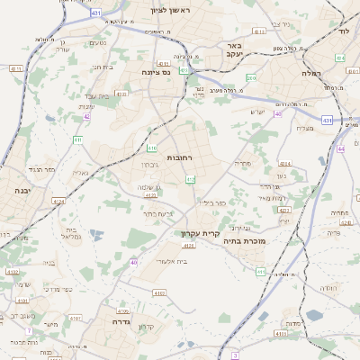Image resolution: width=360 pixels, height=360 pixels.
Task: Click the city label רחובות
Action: [155, 157]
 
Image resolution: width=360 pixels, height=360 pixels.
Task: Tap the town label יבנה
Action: [21, 191]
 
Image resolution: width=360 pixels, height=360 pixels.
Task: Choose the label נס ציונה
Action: [156, 71]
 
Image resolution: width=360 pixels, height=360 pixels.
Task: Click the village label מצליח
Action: [304, 128]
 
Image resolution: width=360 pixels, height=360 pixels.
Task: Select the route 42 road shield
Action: [86, 116]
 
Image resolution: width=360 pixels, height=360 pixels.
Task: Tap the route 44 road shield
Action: [341, 148]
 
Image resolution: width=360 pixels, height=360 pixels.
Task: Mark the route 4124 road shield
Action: [58, 202]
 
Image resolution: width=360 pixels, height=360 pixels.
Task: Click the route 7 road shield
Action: [29, 331]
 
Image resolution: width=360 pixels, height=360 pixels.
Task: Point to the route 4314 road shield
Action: [284, 164]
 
